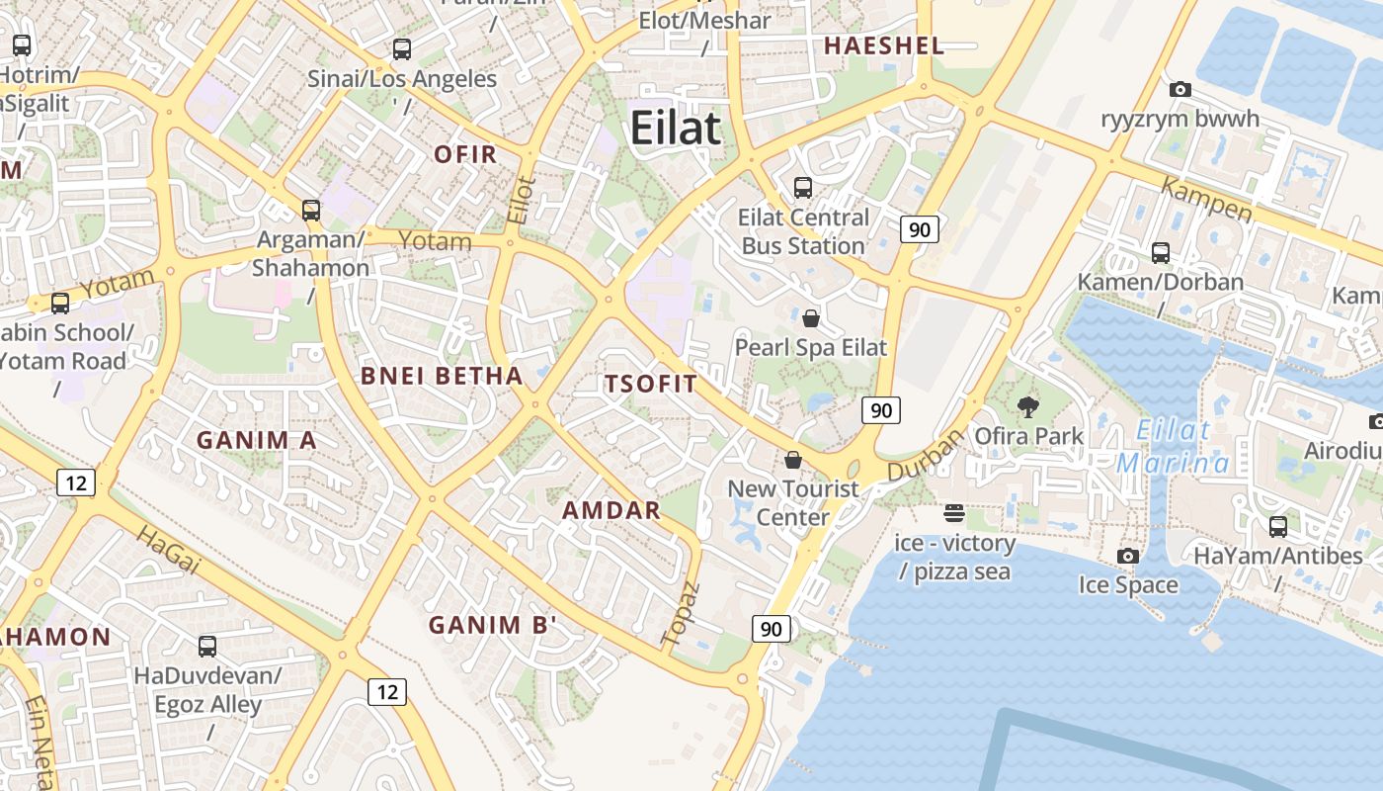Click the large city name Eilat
[676, 130]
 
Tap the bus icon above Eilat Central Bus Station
[803, 187]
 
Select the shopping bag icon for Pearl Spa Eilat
[811, 317]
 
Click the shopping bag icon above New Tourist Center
[792, 460]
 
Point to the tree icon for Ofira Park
[1028, 406]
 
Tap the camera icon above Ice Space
[1128, 556]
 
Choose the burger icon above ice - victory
[954, 513]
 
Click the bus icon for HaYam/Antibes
[1278, 526]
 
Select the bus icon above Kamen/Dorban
[1161, 253]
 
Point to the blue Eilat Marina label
[1174, 447]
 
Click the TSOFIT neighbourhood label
[651, 384]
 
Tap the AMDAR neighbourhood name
[611, 510]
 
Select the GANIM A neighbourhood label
[257, 440]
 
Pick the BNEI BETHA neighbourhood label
[442, 375]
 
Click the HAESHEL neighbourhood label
[884, 45]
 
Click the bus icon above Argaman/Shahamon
[311, 210]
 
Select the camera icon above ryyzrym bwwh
[1180, 90]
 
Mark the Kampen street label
[1206, 200]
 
